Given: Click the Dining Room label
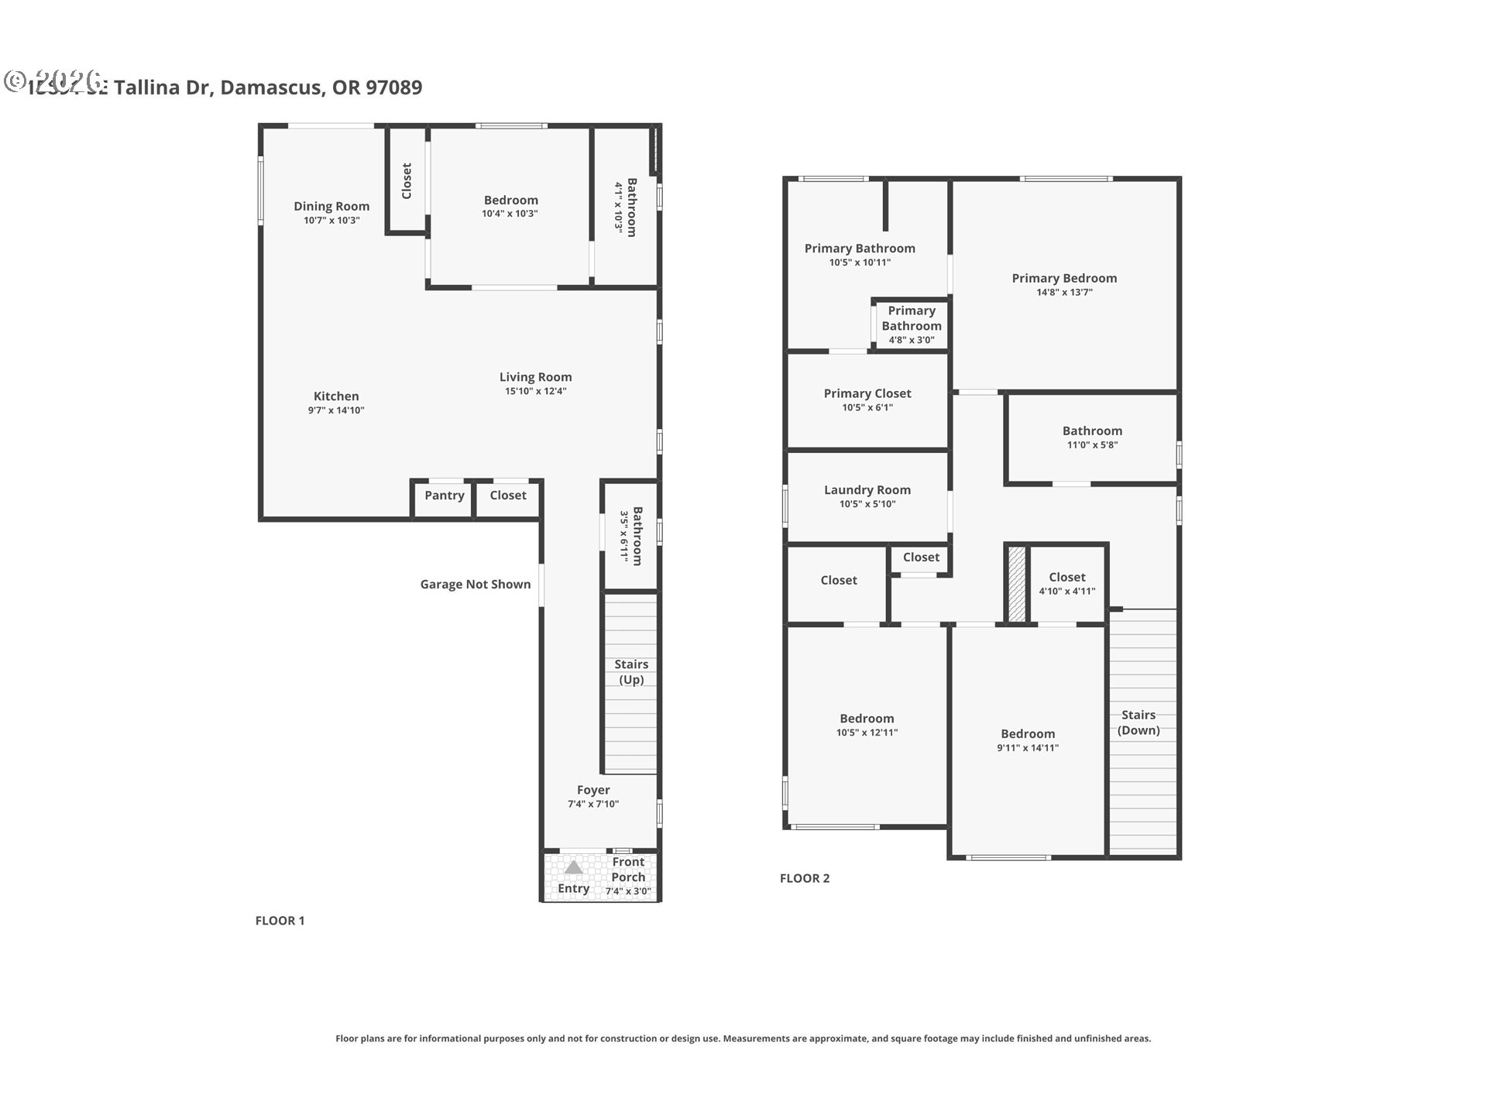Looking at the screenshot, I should tap(331, 206).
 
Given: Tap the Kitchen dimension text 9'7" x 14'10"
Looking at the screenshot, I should tap(335, 410).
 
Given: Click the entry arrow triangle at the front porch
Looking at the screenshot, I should tap(573, 867).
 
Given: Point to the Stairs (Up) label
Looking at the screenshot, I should tap(631, 671).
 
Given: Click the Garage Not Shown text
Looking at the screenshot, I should tap(475, 585).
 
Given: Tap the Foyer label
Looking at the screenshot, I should tap(593, 790).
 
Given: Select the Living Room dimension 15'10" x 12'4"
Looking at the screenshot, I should tap(535, 391).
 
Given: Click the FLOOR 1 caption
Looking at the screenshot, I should tap(280, 921).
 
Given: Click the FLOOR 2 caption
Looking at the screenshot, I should tap(804, 878).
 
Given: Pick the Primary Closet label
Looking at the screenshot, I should tap(867, 393).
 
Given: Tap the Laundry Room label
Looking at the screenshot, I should tap(867, 489).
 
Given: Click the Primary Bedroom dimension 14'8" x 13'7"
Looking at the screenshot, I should tap(1064, 292).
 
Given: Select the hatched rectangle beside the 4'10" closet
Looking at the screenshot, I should tap(1016, 584).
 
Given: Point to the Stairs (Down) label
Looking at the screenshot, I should tap(1138, 722).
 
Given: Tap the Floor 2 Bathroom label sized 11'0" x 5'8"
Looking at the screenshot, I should tap(1092, 431).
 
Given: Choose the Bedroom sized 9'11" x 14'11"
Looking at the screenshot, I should tap(1027, 739).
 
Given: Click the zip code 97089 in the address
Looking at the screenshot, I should tap(393, 87).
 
